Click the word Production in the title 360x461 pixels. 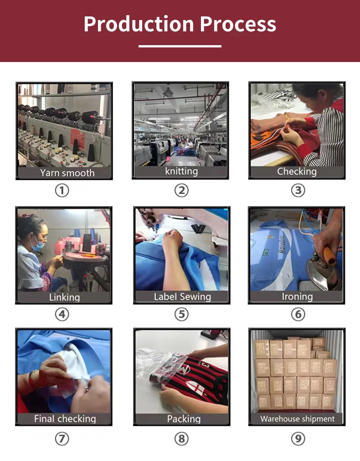tap(139, 24)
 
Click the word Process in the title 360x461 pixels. tap(238, 24)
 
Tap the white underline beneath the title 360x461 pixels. tap(180, 46)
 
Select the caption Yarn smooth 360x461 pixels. tap(67, 173)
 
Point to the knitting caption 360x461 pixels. tap(181, 171)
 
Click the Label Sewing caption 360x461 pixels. tap(182, 297)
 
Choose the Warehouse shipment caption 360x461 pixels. tap(298, 419)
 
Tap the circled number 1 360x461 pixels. tap(62, 190)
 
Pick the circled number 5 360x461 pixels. tap(181, 314)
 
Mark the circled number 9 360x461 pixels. tap(298, 439)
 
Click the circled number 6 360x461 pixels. tap(298, 314)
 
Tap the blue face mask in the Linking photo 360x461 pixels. tap(38, 245)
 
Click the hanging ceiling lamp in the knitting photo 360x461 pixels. tap(168, 92)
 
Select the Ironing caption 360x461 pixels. tap(297, 297)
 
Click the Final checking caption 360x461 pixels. tap(65, 419)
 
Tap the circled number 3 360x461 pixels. tap(298, 190)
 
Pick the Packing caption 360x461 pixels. tap(184, 419)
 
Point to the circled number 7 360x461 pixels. tap(62, 439)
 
